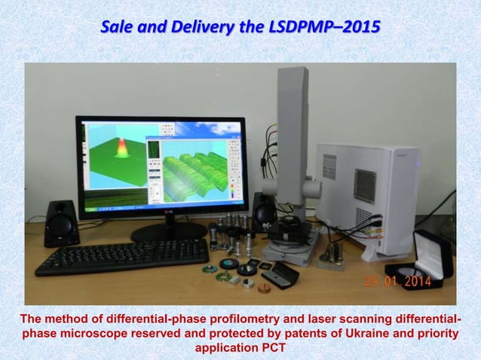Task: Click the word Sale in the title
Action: click(118, 28)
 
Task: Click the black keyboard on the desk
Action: click(121, 257)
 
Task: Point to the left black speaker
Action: click(61, 223)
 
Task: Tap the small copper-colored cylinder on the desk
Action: click(264, 288)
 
